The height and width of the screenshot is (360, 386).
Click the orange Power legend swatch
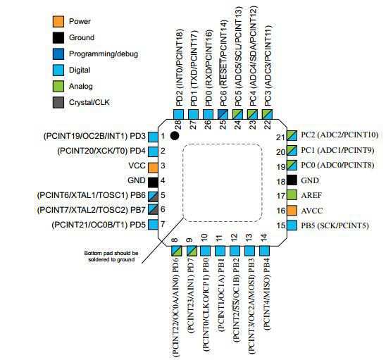(x=58, y=21)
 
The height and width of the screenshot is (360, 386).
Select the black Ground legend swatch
(x=58, y=37)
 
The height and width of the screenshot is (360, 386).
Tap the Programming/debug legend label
(x=104, y=54)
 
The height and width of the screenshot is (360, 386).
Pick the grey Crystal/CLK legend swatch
(x=58, y=102)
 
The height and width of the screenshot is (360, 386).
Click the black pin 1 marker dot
(x=175, y=136)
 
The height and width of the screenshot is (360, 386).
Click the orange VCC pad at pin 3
(x=153, y=168)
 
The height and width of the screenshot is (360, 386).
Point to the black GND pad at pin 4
(x=153, y=182)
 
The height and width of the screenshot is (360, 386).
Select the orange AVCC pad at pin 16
(x=292, y=211)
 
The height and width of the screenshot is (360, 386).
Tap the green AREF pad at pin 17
(x=292, y=196)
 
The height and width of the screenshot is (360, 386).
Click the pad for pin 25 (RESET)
(x=223, y=115)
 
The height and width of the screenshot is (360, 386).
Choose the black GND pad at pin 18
(x=292, y=180)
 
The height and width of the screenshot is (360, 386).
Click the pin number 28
(x=178, y=125)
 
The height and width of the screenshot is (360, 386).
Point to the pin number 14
(x=263, y=237)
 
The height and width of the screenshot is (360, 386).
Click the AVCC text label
(x=312, y=211)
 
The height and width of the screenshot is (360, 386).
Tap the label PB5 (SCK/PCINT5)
(x=335, y=225)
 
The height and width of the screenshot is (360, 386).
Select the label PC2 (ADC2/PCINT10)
(x=340, y=135)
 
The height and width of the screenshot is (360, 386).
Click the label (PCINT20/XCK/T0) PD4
(x=101, y=151)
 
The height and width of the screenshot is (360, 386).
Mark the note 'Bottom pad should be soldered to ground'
(x=111, y=256)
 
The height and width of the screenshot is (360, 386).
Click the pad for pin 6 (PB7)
(x=153, y=209)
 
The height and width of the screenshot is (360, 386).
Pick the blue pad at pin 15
(x=292, y=225)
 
